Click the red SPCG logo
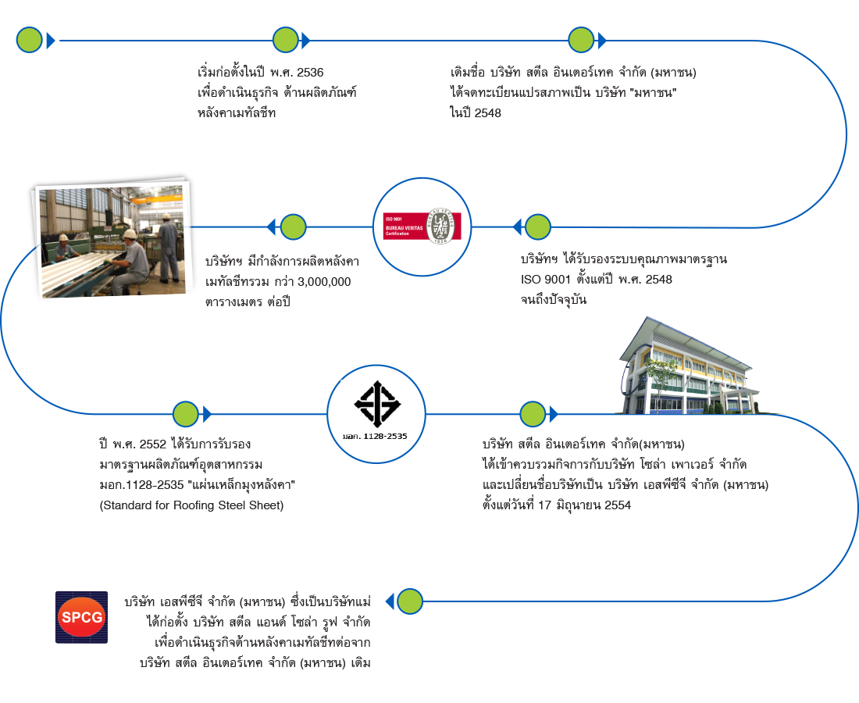click(x=81, y=617)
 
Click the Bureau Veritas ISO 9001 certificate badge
click(x=422, y=227)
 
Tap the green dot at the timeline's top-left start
click(x=30, y=40)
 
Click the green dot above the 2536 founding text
click(x=285, y=40)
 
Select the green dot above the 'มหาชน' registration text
click(x=581, y=40)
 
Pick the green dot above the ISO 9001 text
click(x=537, y=227)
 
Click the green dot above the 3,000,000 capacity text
click(x=293, y=227)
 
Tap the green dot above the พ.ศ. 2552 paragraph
click(x=185, y=414)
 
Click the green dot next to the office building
click(x=533, y=414)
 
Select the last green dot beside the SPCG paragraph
click(x=409, y=601)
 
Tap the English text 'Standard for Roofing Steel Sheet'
click(x=191, y=505)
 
